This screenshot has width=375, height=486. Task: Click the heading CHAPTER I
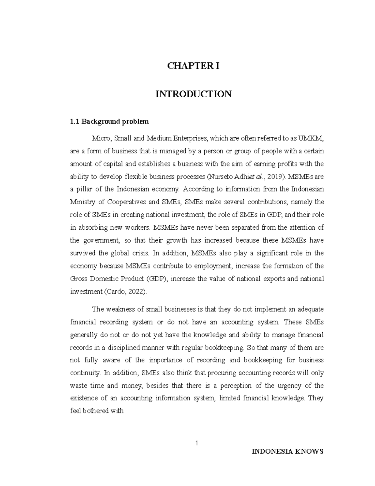click(193, 66)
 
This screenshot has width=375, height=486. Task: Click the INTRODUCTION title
click(193, 94)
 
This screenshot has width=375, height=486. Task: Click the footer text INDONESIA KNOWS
click(287, 452)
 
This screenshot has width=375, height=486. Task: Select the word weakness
click(119, 310)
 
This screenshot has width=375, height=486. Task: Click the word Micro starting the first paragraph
click(100, 138)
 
